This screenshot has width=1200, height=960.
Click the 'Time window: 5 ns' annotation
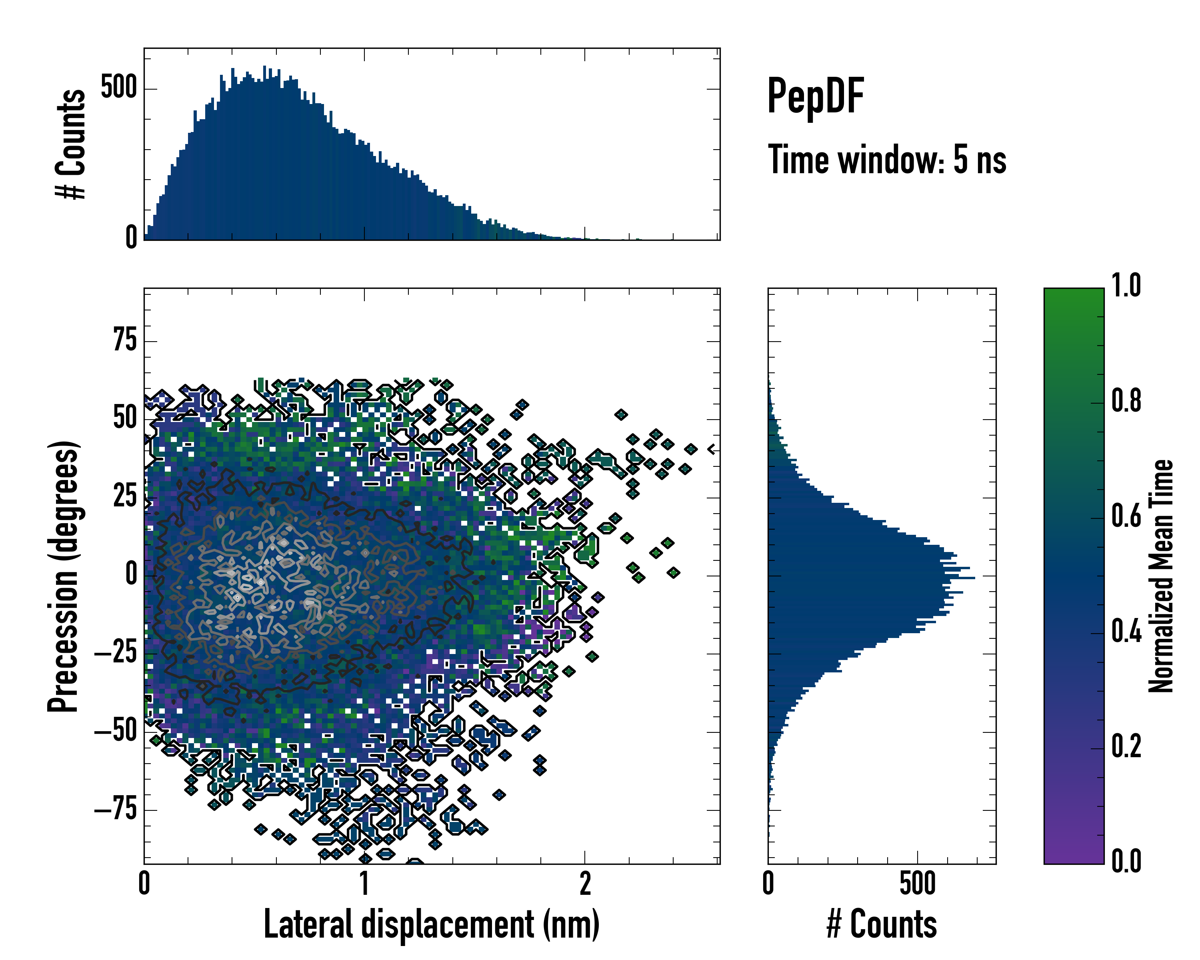887,160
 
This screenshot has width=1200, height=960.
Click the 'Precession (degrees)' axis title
63,576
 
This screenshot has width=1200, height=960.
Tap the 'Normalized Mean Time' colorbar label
1161,576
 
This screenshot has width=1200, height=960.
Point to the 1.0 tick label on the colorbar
1126,286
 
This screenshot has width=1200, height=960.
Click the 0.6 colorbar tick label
1126,516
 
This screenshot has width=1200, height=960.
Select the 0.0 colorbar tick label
1126,861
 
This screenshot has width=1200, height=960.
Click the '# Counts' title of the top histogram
71,144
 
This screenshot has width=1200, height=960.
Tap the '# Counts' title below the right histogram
882,924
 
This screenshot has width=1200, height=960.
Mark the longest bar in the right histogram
871,578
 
